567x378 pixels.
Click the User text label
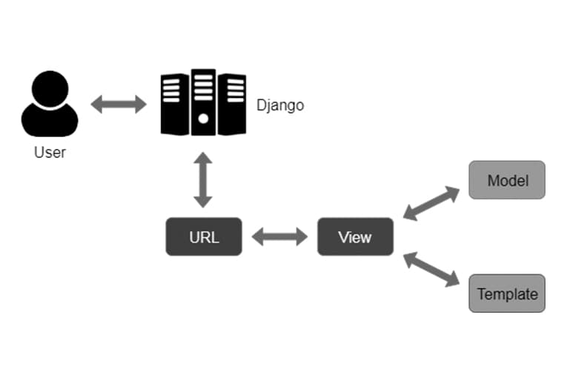pos(50,153)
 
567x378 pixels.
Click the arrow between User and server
pos(119,105)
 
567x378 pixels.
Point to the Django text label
pos(279,105)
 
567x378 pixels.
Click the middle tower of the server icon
pos(203,102)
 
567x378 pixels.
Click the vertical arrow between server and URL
pos(203,180)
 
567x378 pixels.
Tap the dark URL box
pos(203,236)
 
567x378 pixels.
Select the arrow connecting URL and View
pos(279,237)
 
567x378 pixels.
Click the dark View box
pos(355,237)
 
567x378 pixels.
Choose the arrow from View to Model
pos(431,204)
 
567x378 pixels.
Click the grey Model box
pos(507,180)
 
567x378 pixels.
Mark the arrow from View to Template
pos(431,269)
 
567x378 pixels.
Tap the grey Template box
pos(507,294)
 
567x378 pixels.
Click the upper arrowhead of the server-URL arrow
pos(203,159)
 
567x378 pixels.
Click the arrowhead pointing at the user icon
pos(97,105)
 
